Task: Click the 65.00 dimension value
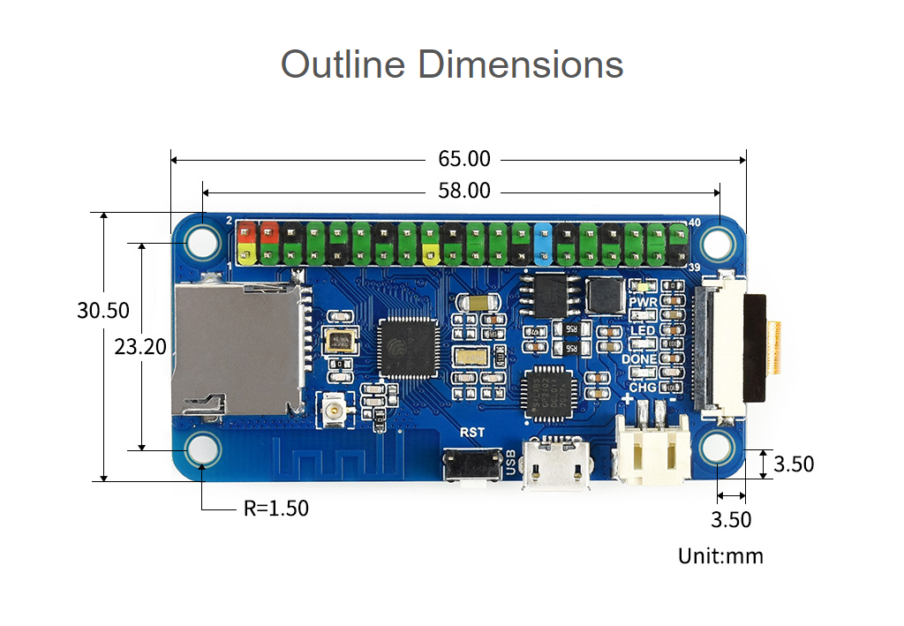click(x=463, y=160)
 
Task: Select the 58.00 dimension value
click(x=463, y=191)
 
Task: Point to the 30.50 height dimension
click(x=103, y=311)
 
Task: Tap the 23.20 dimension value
click(x=140, y=347)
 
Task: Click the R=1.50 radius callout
click(x=276, y=509)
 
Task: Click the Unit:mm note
click(x=720, y=556)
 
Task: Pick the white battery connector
click(x=652, y=450)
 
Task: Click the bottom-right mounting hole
click(x=718, y=449)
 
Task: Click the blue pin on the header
click(x=543, y=244)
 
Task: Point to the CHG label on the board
click(x=642, y=387)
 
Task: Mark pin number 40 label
click(x=693, y=222)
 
